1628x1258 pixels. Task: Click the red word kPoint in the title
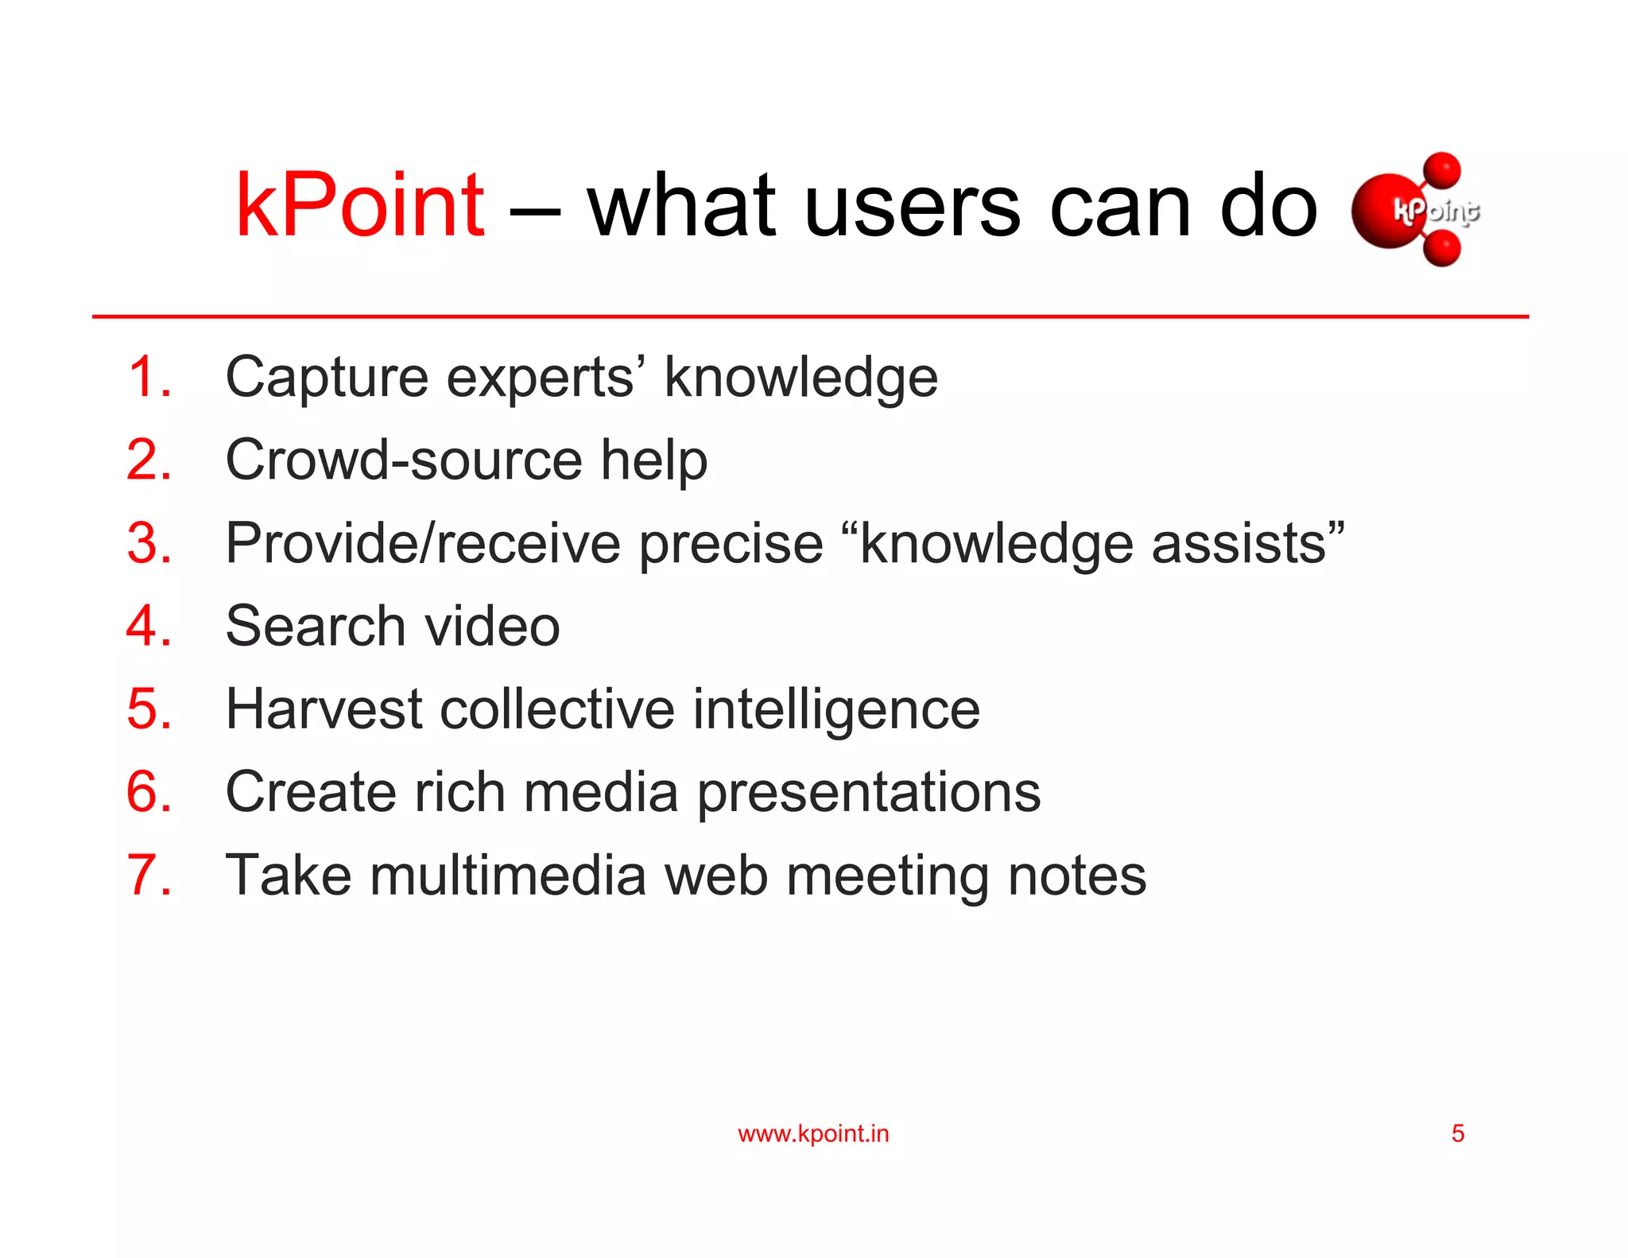359,206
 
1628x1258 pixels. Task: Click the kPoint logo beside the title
1416,210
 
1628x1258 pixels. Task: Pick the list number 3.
149,543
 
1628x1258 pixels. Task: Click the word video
492,626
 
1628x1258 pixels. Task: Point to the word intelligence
836,710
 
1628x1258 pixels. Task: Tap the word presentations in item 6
868,794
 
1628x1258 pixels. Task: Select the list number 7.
149,875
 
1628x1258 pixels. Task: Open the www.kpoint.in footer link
813,1133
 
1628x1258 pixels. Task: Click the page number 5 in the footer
1458,1133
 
